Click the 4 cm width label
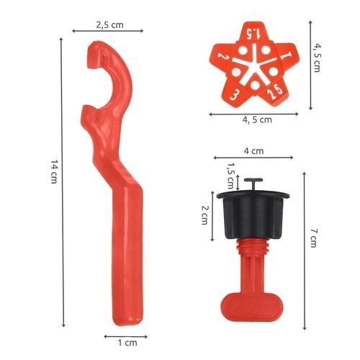coord(253,151)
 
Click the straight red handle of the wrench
coord(127,245)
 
